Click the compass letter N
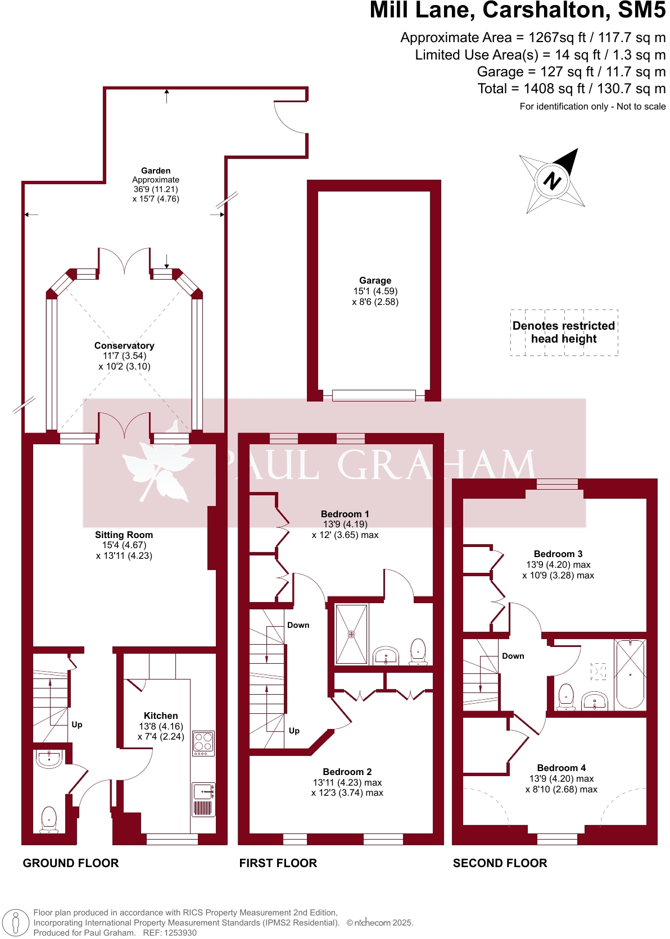[x=552, y=181]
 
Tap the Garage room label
[x=375, y=280]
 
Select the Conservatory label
[x=124, y=345]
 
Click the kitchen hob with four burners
[x=203, y=742]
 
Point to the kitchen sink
[x=202, y=792]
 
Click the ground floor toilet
[x=49, y=819]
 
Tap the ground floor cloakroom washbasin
[x=49, y=759]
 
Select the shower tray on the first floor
[x=351, y=634]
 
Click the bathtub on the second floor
[x=630, y=673]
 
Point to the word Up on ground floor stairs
[x=77, y=724]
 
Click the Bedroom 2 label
[x=347, y=772]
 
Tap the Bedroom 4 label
[x=561, y=768]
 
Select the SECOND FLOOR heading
[x=500, y=863]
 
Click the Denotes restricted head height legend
[x=564, y=332]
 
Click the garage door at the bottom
[x=374, y=395]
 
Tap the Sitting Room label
[x=124, y=535]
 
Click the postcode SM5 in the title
[x=641, y=11]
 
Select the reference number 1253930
[x=178, y=933]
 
